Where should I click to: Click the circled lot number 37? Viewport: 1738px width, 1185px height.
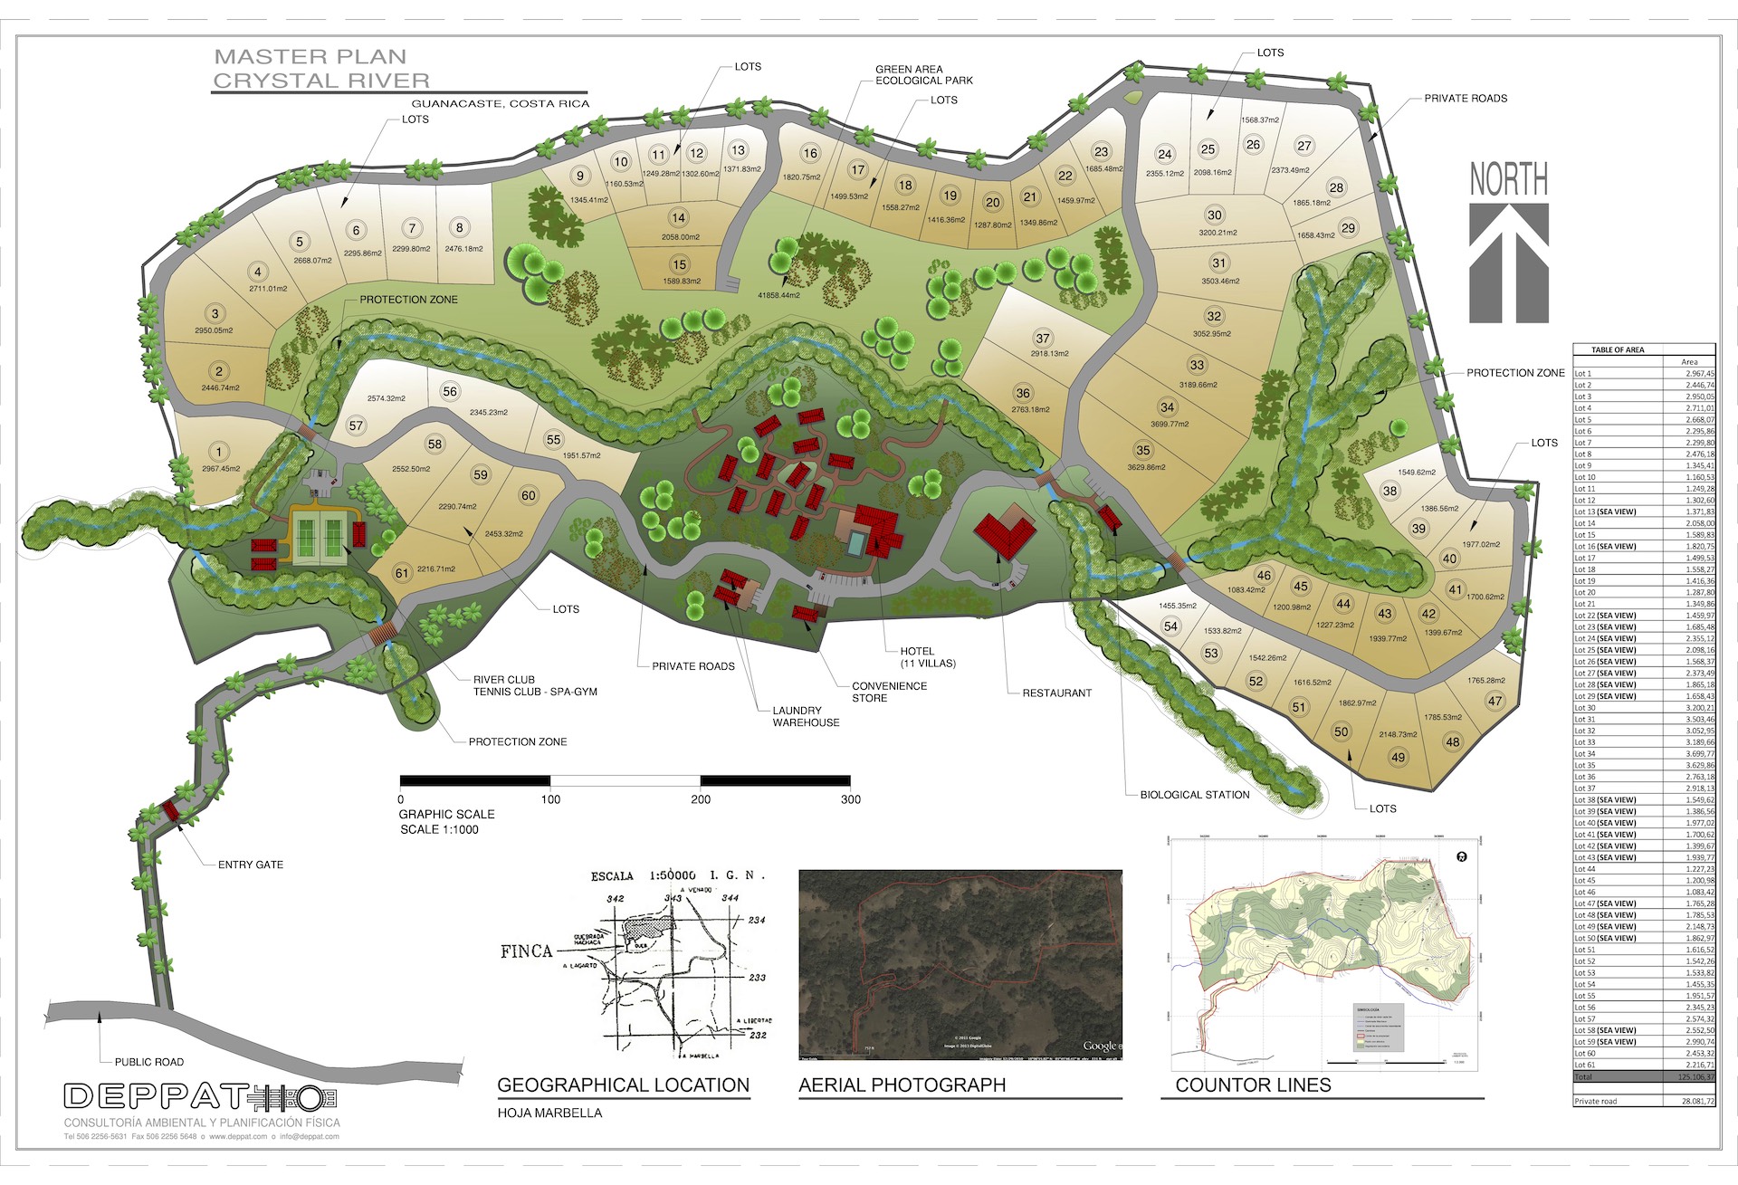[x=1043, y=339]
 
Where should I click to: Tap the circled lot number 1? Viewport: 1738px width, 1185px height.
[x=218, y=452]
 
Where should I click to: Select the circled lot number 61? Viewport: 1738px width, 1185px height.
[x=402, y=573]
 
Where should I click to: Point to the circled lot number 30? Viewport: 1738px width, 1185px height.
[x=1215, y=215]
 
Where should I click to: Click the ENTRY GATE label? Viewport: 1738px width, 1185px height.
[x=251, y=865]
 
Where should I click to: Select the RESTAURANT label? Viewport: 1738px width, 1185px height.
[x=1056, y=693]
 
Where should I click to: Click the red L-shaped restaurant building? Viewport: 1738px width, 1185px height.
[x=1004, y=534]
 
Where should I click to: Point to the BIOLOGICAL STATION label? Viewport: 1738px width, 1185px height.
[x=1194, y=795]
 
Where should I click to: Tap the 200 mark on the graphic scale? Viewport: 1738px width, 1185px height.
[x=701, y=799]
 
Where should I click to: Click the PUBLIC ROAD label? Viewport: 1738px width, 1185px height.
[x=149, y=1062]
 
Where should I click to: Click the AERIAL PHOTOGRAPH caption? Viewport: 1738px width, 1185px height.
[x=902, y=1085]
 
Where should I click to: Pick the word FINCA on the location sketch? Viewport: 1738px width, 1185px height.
[x=526, y=951]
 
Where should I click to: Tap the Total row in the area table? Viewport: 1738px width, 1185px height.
[x=1644, y=1077]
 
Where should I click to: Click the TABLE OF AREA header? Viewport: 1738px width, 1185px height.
[x=1618, y=349]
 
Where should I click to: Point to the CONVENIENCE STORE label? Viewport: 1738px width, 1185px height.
[x=889, y=692]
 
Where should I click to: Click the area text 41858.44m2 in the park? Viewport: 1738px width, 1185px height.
[x=778, y=295]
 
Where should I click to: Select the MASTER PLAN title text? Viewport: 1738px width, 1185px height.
[x=310, y=56]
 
